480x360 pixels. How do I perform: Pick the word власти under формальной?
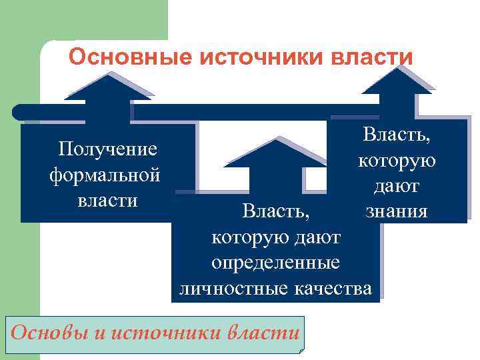(x=107, y=201)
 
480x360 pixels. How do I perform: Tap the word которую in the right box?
(x=397, y=161)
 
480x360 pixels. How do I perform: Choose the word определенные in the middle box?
(x=276, y=263)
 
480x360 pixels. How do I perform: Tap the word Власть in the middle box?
(x=275, y=213)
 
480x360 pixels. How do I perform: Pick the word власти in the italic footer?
(x=263, y=331)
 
